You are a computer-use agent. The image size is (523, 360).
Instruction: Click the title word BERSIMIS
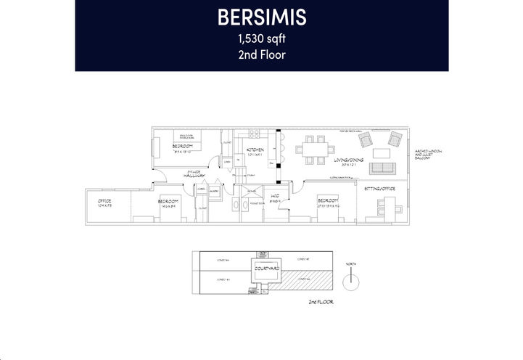pos(261,17)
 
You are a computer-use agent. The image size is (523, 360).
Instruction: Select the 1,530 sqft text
pos(261,39)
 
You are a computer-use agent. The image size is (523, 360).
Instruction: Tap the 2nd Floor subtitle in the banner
pos(261,55)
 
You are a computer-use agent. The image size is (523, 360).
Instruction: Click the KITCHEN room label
pos(257,150)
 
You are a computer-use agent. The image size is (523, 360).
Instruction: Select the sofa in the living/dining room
pos(382,169)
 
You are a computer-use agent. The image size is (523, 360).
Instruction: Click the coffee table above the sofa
pos(382,152)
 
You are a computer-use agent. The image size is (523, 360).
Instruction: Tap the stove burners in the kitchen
pos(254,134)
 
